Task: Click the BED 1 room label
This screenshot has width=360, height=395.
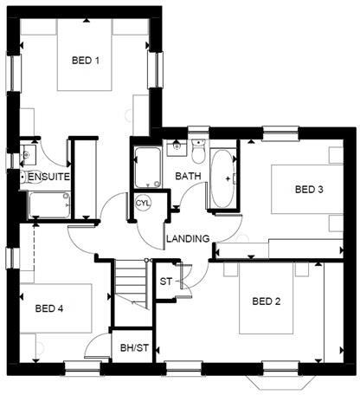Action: click(86, 61)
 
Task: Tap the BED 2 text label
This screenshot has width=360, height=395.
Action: click(267, 301)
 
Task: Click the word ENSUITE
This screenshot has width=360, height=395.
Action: click(48, 177)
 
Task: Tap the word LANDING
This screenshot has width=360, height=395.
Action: click(188, 239)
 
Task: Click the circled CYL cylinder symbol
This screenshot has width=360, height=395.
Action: click(143, 203)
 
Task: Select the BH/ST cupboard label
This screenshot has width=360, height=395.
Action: click(134, 349)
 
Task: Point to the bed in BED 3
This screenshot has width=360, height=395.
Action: click(304, 190)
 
